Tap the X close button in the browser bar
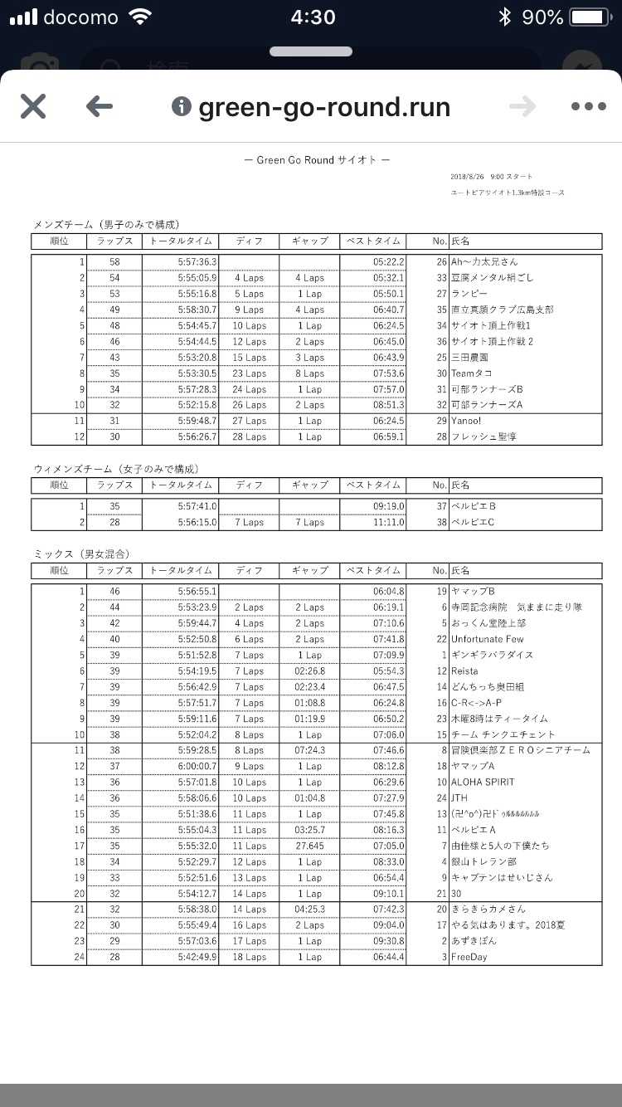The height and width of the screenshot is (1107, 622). click(32, 106)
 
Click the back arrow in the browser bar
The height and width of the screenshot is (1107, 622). click(99, 106)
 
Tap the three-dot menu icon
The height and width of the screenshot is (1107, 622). click(589, 106)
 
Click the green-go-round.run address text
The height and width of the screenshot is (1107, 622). click(323, 107)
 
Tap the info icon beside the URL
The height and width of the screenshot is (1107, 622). click(181, 106)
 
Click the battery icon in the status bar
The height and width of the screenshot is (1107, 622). click(590, 17)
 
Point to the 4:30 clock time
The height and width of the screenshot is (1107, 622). click(313, 17)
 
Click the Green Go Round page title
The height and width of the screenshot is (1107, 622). click(317, 160)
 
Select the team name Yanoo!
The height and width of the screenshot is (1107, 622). click(466, 421)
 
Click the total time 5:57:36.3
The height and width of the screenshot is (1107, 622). click(197, 262)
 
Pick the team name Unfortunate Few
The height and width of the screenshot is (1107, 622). click(488, 639)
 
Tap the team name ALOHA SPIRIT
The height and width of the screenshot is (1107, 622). click(483, 782)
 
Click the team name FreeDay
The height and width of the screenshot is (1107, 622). click(469, 957)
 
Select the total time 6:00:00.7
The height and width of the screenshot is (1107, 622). click(197, 766)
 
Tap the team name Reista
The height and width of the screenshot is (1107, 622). click(464, 671)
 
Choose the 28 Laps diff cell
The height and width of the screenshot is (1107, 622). click(249, 436)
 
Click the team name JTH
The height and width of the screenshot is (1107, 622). click(459, 798)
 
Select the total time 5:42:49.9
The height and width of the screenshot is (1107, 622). click(197, 957)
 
